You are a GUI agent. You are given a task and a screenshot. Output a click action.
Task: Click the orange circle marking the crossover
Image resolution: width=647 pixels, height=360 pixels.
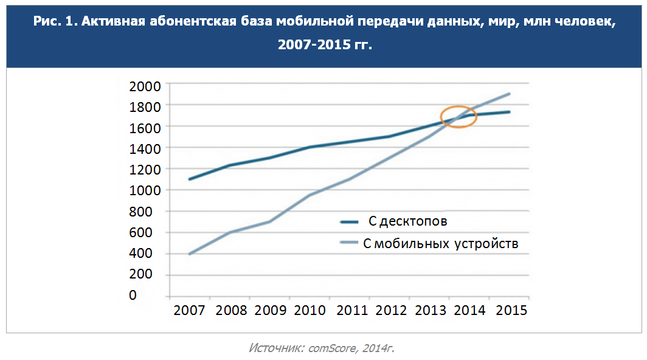pyautogui.click(x=458, y=116)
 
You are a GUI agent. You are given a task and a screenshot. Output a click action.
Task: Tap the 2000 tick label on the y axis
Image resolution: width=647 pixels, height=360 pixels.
pyautogui.click(x=145, y=85)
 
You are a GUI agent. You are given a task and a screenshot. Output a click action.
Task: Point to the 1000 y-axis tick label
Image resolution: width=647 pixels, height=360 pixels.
pyautogui.click(x=145, y=190)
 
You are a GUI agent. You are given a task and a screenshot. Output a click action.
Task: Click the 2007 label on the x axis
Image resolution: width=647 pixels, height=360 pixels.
pyautogui.click(x=189, y=310)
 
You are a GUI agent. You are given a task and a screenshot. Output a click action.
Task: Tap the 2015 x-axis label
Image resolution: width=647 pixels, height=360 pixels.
pyautogui.click(x=511, y=310)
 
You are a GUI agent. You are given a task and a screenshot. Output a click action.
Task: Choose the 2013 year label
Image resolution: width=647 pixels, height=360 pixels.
pyautogui.click(x=431, y=310)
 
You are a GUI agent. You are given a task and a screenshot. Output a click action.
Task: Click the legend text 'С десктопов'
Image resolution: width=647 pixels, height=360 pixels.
pyautogui.click(x=412, y=221)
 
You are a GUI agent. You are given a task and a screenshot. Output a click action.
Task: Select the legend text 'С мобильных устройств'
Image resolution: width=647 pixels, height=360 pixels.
pyautogui.click(x=440, y=244)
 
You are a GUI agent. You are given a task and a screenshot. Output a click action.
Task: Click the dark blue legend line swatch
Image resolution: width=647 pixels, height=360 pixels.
pyautogui.click(x=351, y=222)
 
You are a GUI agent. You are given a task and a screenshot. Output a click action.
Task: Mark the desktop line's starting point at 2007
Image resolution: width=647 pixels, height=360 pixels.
pyautogui.click(x=189, y=179)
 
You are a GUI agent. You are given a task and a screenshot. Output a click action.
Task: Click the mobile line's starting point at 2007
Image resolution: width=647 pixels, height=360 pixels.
pyautogui.click(x=189, y=254)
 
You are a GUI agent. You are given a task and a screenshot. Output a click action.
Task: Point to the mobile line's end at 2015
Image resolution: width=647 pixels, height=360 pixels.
pyautogui.click(x=509, y=94)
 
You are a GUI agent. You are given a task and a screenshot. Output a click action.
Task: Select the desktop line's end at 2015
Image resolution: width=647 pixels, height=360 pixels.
pyautogui.click(x=509, y=112)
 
